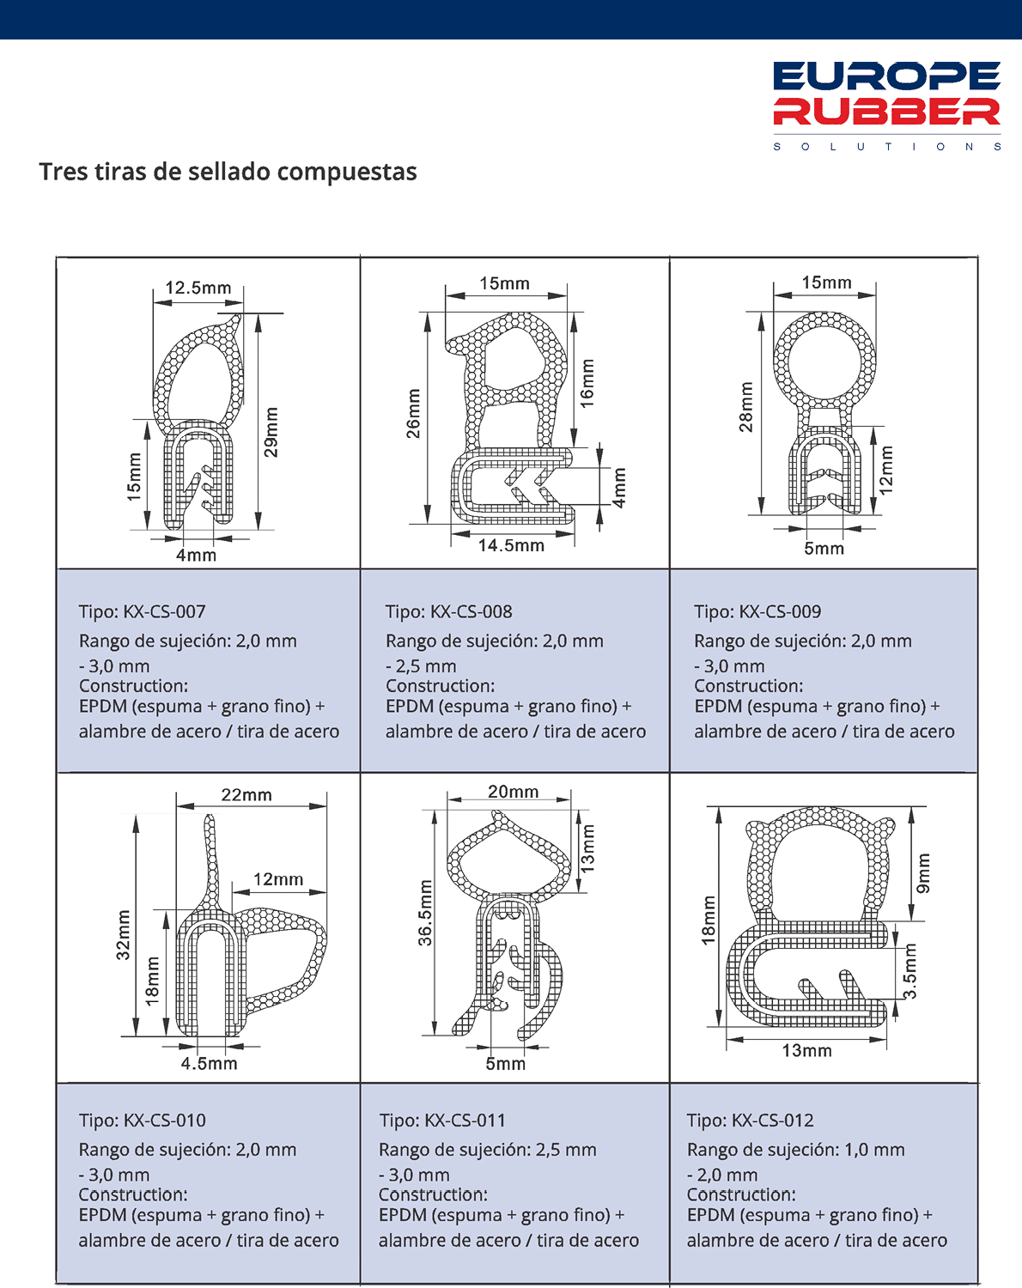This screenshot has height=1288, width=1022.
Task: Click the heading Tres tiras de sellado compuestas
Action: [228, 172]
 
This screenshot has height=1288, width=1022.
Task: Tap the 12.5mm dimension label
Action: [198, 288]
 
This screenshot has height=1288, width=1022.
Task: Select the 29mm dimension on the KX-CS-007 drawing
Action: [271, 432]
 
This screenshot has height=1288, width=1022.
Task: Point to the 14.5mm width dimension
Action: [511, 545]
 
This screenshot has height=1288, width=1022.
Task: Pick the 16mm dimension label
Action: [587, 383]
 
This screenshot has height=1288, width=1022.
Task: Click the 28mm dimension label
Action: [745, 407]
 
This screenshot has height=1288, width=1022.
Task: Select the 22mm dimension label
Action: [246, 795]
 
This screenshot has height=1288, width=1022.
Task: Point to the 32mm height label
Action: [124, 935]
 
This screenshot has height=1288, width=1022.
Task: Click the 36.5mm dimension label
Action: [426, 913]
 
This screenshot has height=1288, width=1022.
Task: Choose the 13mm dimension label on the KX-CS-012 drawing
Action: [806, 1050]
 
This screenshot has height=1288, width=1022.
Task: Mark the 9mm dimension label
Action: [923, 873]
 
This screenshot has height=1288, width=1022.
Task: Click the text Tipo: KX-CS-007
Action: [143, 612]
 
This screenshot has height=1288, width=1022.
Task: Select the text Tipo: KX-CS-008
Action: [448, 612]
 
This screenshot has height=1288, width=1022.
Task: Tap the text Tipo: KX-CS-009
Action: [757, 612]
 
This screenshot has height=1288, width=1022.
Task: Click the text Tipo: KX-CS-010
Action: [143, 1121]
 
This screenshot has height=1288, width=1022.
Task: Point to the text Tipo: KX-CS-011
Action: [442, 1121]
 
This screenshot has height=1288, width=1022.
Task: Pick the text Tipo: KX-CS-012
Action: [751, 1121]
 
